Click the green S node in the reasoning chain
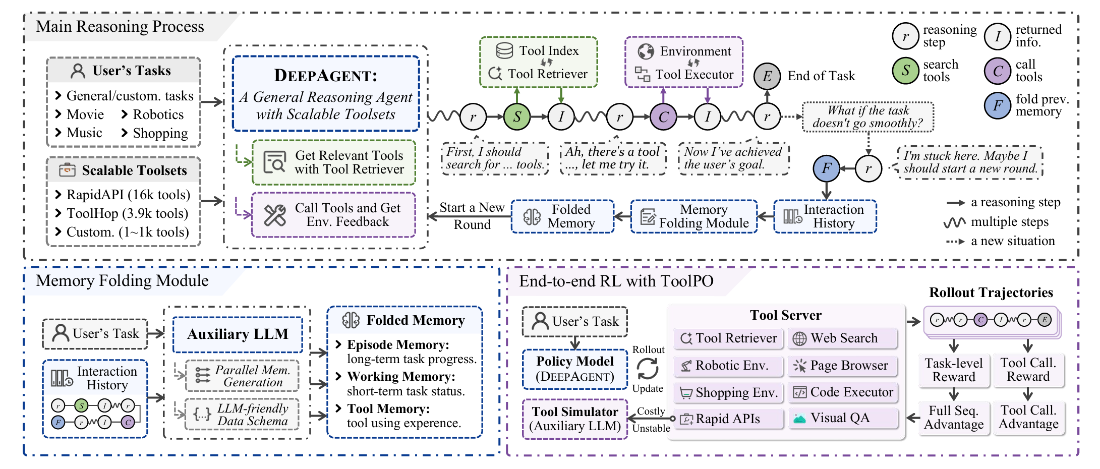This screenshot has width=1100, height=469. point(517,116)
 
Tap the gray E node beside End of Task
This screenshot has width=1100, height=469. point(767,76)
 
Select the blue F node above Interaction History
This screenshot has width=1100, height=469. point(827,168)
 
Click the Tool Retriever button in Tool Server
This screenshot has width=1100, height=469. point(729,338)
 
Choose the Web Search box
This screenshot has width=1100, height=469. point(843,338)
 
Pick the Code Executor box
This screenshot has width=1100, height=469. point(843,392)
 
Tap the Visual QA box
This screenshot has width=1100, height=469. point(843,419)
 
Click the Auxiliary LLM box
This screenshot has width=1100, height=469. point(238,334)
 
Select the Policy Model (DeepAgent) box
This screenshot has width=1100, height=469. point(575,369)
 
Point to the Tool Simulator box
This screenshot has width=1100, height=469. point(575,419)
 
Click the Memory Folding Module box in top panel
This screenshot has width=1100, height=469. point(694,216)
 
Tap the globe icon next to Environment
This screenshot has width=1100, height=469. point(646,51)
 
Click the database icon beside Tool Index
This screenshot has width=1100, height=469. point(504,50)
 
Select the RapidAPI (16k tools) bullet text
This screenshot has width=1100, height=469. point(128,195)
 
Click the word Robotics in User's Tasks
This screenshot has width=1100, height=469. point(158,114)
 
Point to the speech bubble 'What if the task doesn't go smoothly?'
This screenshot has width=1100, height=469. point(867,117)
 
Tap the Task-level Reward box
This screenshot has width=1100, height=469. point(953,370)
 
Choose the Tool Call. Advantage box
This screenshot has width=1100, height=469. point(1028,418)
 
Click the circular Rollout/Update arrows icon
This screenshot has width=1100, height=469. point(648,369)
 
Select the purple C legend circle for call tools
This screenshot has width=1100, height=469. point(997,71)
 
